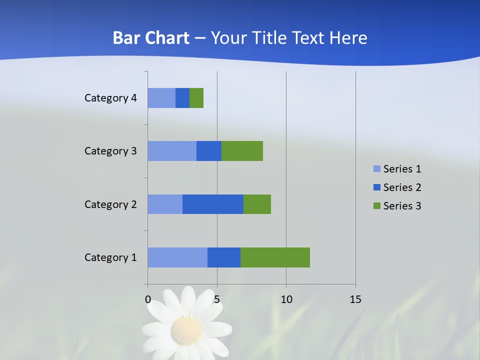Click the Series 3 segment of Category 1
tap(275, 257)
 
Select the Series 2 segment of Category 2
tap(213, 204)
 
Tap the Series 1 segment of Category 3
tap(172, 151)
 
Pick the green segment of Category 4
tap(196, 98)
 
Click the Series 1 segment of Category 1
tap(177, 257)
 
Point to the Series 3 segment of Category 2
tap(257, 204)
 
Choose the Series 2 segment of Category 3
tap(209, 151)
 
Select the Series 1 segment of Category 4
tap(161, 98)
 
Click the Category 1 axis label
tap(110, 257)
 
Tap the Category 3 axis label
tap(110, 151)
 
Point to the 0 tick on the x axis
tap(148, 299)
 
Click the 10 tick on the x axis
tap(286, 299)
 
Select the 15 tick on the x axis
tap(355, 299)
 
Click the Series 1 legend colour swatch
tap(376, 169)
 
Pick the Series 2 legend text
tap(402, 187)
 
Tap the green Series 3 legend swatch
tap(376, 206)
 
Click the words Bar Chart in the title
tap(151, 38)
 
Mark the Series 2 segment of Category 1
tap(224, 257)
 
